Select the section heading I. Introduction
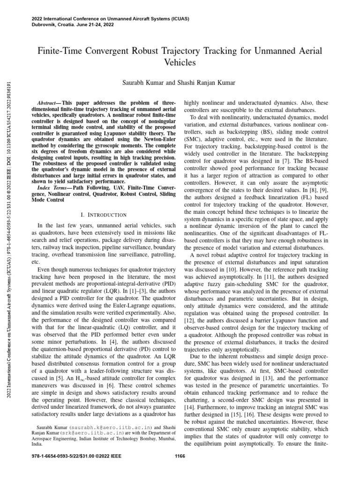tap(104, 214)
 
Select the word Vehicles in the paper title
tap(180, 61)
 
